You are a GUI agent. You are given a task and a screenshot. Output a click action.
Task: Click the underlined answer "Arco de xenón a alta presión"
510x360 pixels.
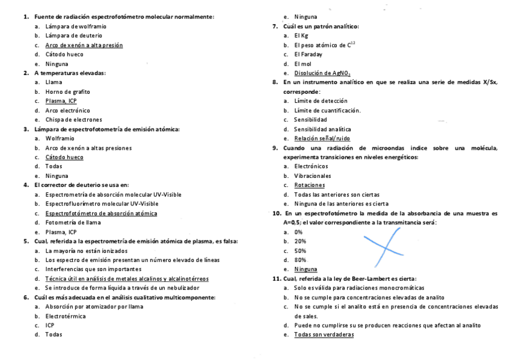pyautogui.click(x=84, y=45)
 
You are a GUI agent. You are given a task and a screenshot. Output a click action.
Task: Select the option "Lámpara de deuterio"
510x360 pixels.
pyautogui.click(x=73, y=35)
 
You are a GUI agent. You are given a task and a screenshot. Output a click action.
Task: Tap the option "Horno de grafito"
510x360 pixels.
pyautogui.click(x=67, y=91)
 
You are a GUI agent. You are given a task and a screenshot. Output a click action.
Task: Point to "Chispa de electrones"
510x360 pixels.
pyautogui.click(x=73, y=120)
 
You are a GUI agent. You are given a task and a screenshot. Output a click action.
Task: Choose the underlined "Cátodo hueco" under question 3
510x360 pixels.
pyautogui.click(x=64, y=157)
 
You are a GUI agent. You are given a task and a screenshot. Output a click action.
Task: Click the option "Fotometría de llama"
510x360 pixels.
pyautogui.click(x=74, y=222)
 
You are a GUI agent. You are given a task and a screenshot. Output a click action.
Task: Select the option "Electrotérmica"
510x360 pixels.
pyautogui.click(x=66, y=316)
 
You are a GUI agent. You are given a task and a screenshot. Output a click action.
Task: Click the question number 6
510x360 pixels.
pyautogui.click(x=26, y=297)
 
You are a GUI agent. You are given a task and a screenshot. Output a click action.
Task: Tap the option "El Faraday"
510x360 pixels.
pyautogui.click(x=308, y=54)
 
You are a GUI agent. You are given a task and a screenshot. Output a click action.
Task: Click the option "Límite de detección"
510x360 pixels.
pyautogui.click(x=321, y=101)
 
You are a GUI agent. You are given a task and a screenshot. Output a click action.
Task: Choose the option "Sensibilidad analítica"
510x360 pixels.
pyautogui.click(x=322, y=129)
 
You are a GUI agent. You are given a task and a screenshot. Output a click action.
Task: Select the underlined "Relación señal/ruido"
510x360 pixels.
pyautogui.click(x=322, y=138)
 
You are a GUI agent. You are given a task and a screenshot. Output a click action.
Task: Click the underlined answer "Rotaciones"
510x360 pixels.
pyautogui.click(x=309, y=185)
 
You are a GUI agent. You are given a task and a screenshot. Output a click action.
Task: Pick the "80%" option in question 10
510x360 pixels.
pyautogui.click(x=300, y=260)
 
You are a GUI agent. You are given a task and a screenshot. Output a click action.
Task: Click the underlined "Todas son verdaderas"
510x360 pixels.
pyautogui.click(x=324, y=335)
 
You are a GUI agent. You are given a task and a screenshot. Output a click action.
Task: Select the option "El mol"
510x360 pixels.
pyautogui.click(x=304, y=64)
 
